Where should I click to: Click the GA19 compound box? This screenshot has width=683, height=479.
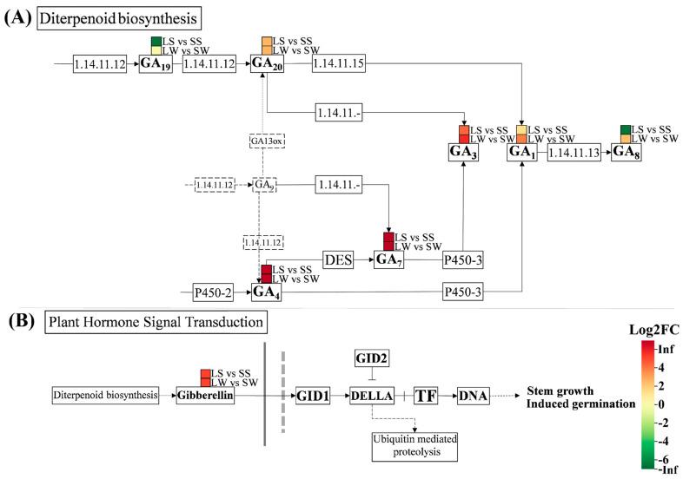(x=157, y=65)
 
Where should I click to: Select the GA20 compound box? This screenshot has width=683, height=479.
(x=268, y=64)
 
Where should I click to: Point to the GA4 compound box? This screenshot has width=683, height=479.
(x=268, y=292)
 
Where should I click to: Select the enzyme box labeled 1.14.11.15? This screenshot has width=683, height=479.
(x=345, y=64)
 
